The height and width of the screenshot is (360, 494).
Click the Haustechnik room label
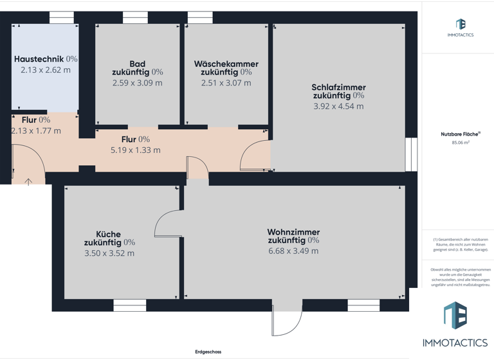[39, 59]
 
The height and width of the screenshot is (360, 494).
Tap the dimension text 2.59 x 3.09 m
[137, 83]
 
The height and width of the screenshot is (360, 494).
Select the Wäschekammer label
[226, 64]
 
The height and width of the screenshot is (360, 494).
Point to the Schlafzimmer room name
[338, 87]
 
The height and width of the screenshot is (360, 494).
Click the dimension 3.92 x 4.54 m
[338, 106]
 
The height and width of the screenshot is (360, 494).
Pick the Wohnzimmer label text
[293, 232]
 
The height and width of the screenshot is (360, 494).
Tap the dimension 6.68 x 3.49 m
[293, 251]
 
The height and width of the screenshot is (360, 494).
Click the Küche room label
[109, 234]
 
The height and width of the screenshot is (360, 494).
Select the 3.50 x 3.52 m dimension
[109, 253]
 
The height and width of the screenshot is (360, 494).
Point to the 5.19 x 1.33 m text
[135, 150]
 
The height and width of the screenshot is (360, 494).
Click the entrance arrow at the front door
[28, 182]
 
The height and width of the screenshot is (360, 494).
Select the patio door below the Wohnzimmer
[287, 319]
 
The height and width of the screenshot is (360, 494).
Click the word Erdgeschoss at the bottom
[208, 352]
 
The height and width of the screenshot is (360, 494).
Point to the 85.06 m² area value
[460, 143]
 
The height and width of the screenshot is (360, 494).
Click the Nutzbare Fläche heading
[460, 134]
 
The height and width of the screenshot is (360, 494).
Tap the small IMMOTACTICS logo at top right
[460, 26]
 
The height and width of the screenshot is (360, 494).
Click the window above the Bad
[135, 19]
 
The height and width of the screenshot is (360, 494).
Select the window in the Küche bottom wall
[129, 305]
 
